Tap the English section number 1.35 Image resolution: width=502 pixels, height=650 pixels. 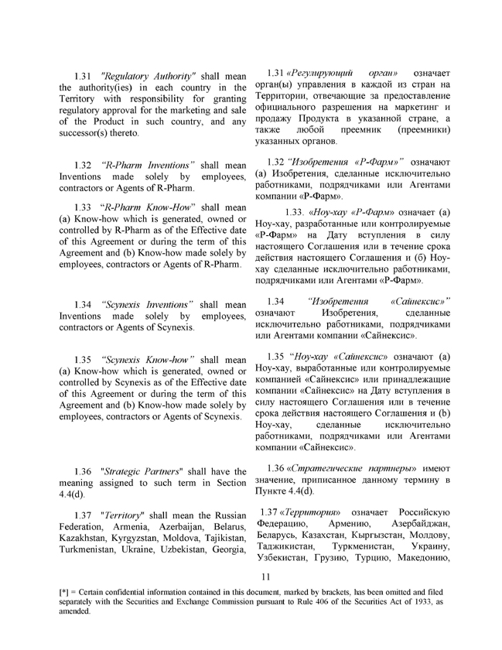(83, 360)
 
